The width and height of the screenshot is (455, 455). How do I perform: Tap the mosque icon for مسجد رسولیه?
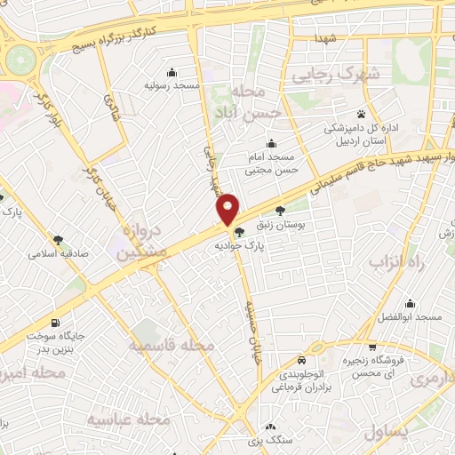pos(172,72)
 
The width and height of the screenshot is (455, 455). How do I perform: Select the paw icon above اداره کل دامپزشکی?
pos(362,114)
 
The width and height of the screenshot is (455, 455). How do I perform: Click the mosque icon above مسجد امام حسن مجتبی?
pos(272,144)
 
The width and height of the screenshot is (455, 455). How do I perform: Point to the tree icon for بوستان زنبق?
pos(282,212)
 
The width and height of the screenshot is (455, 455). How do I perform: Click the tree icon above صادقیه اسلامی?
pos(58,239)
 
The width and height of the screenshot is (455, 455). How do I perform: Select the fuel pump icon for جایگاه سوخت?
pos(58,323)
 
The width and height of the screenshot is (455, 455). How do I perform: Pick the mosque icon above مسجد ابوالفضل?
pos(410,303)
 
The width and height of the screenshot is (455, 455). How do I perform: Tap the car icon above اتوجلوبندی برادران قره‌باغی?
pos(301,361)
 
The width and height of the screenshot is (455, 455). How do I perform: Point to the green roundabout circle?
pos(19,60)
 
